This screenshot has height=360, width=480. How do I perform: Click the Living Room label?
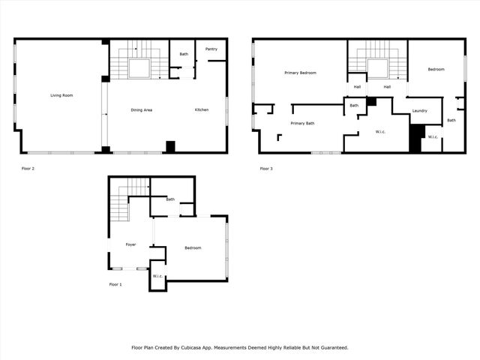point(62,95)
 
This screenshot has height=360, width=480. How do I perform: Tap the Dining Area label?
point(142,110)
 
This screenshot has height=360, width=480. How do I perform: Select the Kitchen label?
point(202,110)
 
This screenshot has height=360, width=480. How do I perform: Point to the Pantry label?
point(211,49)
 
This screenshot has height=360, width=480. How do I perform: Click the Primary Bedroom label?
point(300,73)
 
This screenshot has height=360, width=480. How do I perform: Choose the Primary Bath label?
point(302,123)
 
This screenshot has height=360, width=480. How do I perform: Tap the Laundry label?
point(420,111)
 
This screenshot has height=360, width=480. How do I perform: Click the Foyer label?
point(130,244)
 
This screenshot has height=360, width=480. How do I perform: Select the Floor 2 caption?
point(28,169)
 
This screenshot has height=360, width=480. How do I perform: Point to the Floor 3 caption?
point(266,169)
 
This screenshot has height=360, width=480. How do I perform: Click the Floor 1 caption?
point(115,285)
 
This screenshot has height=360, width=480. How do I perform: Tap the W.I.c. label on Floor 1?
point(157,276)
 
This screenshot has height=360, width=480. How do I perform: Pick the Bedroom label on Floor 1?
point(193,248)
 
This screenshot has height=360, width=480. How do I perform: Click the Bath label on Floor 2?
point(184,54)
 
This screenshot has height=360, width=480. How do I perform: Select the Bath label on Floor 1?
point(170,199)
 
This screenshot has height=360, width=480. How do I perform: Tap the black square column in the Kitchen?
point(170,147)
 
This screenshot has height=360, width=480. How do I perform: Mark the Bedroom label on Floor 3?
point(436,70)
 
